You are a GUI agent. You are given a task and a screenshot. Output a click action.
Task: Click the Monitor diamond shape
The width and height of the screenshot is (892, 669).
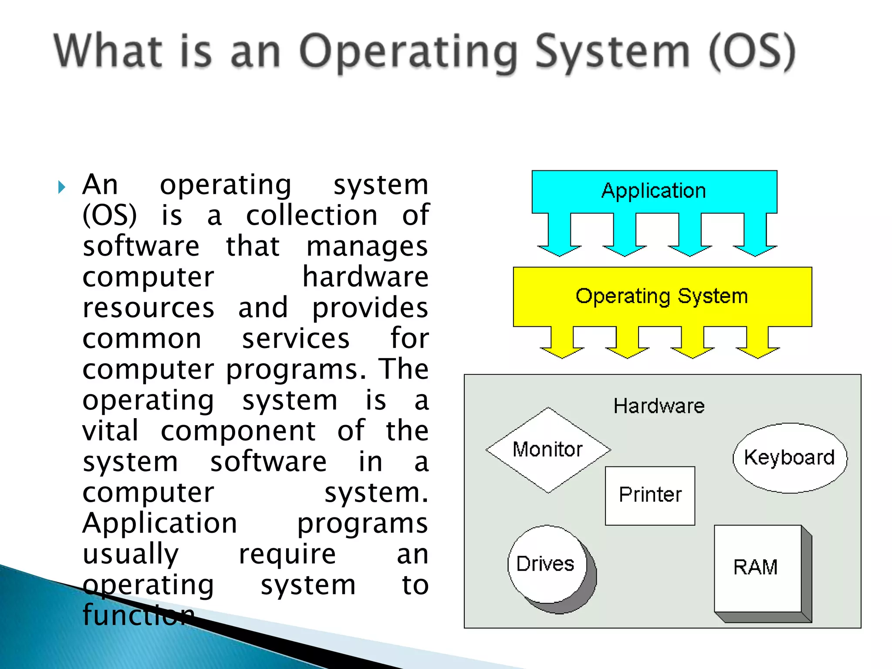[548, 449]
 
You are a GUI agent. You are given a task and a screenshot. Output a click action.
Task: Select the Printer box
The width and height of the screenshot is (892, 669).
[650, 495]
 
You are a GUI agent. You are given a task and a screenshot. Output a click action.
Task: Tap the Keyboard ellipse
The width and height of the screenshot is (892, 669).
[790, 458]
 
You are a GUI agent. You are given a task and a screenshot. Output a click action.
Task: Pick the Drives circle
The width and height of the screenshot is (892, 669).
[547, 564]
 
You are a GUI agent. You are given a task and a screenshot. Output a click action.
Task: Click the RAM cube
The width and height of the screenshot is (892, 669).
[758, 568]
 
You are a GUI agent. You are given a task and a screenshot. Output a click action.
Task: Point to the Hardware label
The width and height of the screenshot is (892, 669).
[659, 406]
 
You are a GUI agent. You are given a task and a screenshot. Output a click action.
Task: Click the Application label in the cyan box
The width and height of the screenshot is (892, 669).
[653, 191]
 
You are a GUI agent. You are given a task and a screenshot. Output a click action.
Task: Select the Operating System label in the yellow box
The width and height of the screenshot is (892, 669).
[662, 296]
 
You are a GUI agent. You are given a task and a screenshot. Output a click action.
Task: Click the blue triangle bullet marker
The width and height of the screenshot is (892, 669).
[61, 187]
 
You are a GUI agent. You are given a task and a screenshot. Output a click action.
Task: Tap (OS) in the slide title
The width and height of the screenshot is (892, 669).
[752, 52]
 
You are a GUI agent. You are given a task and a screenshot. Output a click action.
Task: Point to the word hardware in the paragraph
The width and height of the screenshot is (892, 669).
[365, 277]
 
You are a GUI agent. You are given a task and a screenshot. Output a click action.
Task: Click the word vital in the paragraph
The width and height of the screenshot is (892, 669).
[111, 431]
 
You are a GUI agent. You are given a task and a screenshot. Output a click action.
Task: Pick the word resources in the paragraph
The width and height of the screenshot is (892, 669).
[149, 308]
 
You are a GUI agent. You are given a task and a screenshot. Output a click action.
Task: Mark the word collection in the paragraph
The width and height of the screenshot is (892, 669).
[311, 215]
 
